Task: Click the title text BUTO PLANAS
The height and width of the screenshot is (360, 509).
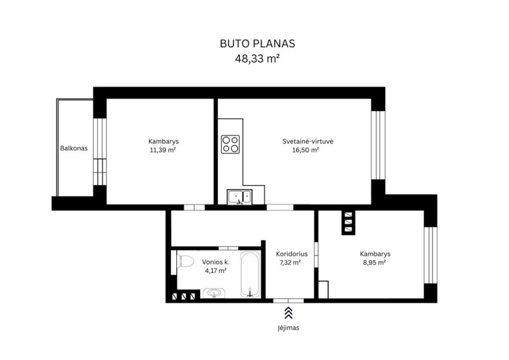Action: coord(258,44)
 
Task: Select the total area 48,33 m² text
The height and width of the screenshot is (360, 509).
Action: coord(258,59)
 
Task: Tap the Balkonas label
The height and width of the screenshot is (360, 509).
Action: coord(74,148)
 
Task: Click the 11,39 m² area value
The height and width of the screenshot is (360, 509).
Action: coord(163,150)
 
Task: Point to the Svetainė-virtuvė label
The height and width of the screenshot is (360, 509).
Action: coord(308,141)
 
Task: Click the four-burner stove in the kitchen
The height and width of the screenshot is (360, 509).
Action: coord(231,145)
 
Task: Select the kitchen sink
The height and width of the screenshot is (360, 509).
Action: coord(239,197)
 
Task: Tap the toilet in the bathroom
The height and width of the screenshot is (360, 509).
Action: coord(184,261)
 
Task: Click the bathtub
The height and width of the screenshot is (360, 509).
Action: coord(250,274)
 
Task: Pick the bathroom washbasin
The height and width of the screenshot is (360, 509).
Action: coord(214,293)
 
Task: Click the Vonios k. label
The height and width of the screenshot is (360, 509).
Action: coord(216,262)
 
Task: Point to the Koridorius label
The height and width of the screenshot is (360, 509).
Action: coord(292,254)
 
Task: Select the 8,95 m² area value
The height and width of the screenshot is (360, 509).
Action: coord(374,262)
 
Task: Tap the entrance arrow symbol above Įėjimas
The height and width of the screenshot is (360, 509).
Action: coord(288,313)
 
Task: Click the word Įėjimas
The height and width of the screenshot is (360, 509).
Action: coord(288,328)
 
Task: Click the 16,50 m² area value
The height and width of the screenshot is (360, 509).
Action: coord(306,150)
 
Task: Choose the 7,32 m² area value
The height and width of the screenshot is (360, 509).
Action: coord(290,262)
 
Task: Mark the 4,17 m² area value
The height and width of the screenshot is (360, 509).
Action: coord(215,271)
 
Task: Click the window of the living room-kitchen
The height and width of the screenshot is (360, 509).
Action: coord(378,145)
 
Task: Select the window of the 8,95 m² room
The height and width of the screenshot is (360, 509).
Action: coord(431,255)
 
